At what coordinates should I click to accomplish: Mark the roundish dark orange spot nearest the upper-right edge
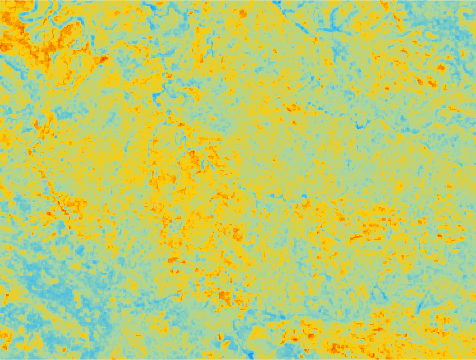point(441,67)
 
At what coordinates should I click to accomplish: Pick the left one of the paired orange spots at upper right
point(419,81)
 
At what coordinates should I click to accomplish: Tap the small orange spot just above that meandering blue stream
point(169,75)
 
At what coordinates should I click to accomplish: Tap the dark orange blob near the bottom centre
point(224,297)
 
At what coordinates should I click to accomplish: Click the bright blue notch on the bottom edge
point(248,354)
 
